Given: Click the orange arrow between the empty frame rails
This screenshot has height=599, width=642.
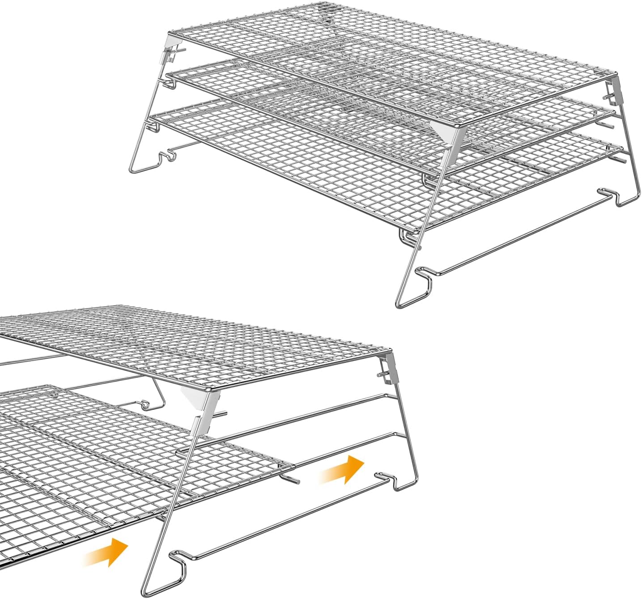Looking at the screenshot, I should [x=342, y=470].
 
